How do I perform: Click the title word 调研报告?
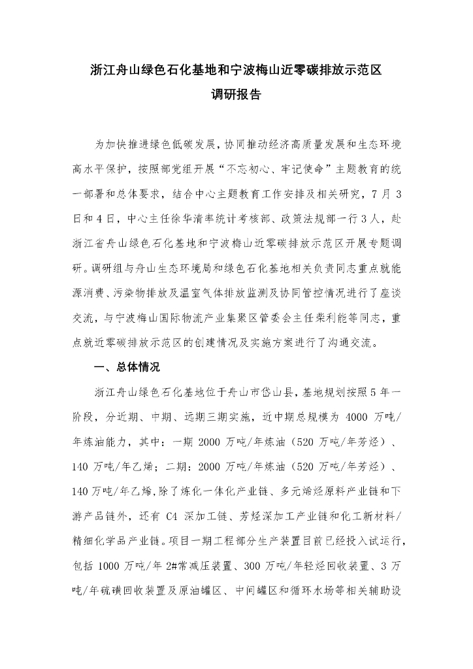236,95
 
